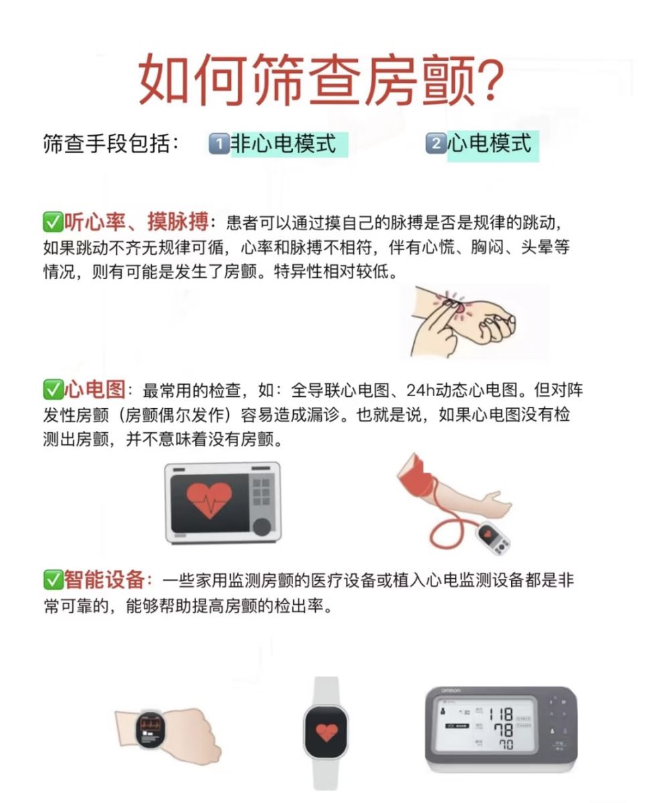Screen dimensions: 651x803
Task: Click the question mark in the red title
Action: [x=489, y=80]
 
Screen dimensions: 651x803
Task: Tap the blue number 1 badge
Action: [x=219, y=144]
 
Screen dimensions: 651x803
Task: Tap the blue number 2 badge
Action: [x=436, y=143]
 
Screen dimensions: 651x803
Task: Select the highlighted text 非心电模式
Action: [x=284, y=144]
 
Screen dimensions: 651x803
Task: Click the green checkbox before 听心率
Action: [x=53, y=222]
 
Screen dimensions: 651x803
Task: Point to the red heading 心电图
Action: [x=94, y=389]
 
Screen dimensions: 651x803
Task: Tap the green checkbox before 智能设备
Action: [x=53, y=579]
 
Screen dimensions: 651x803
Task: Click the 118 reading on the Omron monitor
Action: [x=501, y=714]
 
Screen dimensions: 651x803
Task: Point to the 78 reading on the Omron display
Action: [x=504, y=730]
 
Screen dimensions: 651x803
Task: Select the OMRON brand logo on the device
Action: [x=451, y=691]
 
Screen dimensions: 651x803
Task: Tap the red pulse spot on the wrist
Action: [x=460, y=308]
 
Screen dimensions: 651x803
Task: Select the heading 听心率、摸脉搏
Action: [x=136, y=221]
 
